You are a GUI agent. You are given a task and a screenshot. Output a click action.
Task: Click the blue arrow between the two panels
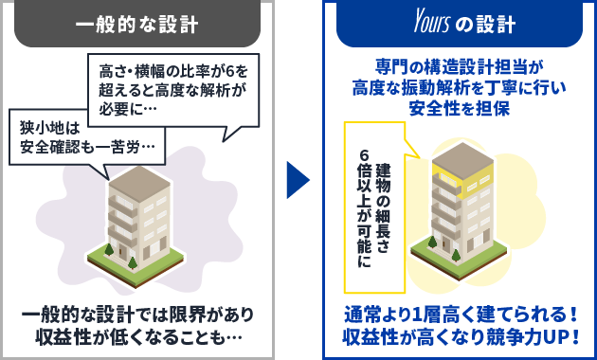(298, 179)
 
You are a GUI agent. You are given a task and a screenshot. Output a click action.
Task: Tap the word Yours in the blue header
(413, 24)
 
